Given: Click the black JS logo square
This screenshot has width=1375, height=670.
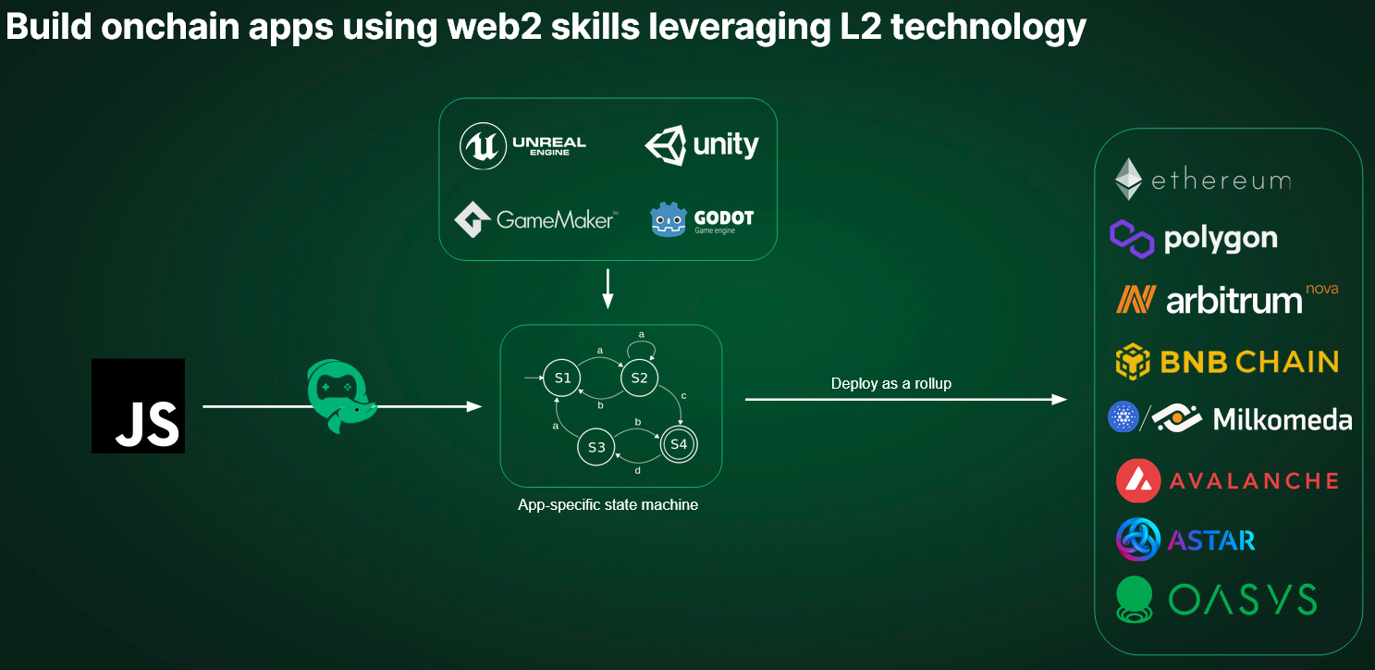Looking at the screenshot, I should [138, 405].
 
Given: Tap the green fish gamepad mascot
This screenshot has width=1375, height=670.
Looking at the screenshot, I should [338, 397].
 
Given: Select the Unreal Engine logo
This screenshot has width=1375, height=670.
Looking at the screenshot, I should [523, 146].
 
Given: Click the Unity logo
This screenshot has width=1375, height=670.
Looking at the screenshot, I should [702, 145].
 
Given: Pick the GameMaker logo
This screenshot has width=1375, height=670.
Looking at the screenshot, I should [534, 220].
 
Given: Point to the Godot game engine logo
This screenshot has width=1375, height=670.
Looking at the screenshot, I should [702, 220].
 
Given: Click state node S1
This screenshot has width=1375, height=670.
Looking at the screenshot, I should [563, 378].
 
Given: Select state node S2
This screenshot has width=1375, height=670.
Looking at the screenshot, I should [639, 378].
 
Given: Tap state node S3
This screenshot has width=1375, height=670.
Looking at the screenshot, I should [596, 448].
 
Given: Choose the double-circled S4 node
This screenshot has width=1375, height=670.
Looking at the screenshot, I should [679, 444].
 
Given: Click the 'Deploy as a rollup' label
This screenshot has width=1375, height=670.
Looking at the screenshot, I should [890, 383].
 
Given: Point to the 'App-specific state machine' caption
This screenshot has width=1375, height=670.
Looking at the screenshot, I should [608, 505].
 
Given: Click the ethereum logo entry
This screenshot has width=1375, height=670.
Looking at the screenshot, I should [1202, 180].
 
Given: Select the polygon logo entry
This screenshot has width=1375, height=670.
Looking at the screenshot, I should [1194, 239].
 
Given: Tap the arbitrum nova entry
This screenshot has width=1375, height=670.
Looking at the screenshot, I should [1226, 299].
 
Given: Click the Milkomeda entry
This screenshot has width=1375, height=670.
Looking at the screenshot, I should [1230, 419].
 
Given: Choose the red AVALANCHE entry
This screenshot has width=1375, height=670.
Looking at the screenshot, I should [1227, 480].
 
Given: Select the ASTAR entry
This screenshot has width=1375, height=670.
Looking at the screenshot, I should [1186, 540].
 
